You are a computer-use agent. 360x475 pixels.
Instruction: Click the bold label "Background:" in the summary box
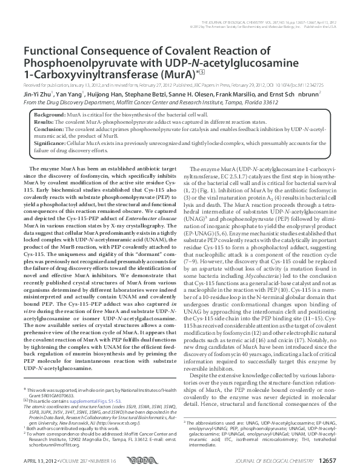48,115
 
